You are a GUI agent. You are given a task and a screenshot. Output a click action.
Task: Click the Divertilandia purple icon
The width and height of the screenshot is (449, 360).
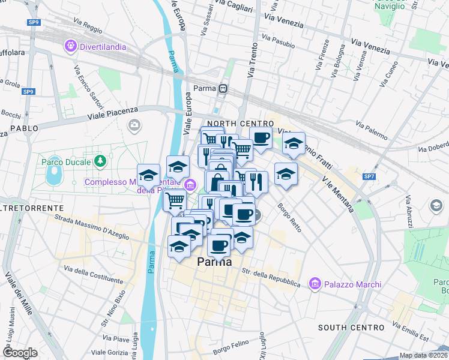[x=71, y=45]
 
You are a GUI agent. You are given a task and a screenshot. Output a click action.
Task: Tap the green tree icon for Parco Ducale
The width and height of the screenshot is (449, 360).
[x=100, y=161]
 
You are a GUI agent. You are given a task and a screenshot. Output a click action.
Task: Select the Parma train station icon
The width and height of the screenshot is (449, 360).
[x=223, y=88]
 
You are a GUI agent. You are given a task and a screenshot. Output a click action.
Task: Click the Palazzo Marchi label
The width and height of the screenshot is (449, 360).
[x=343, y=283]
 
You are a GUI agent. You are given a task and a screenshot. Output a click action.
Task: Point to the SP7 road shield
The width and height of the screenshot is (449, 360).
[x=369, y=176]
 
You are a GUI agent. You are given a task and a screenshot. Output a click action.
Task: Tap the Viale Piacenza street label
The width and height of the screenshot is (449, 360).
[x=113, y=113]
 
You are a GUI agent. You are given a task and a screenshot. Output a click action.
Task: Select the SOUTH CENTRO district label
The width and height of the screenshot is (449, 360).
[x=351, y=328]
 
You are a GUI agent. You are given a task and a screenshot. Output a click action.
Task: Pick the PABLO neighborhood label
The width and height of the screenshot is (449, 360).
[x=24, y=128]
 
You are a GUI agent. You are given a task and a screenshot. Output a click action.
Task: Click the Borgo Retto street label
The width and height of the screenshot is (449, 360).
[x=289, y=216]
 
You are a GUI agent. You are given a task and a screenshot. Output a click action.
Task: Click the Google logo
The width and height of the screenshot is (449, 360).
[x=20, y=353]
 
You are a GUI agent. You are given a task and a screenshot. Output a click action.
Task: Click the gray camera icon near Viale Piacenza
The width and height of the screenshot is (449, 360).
[x=135, y=125]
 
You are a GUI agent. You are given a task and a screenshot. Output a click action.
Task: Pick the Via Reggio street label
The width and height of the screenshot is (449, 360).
[x=89, y=29]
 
